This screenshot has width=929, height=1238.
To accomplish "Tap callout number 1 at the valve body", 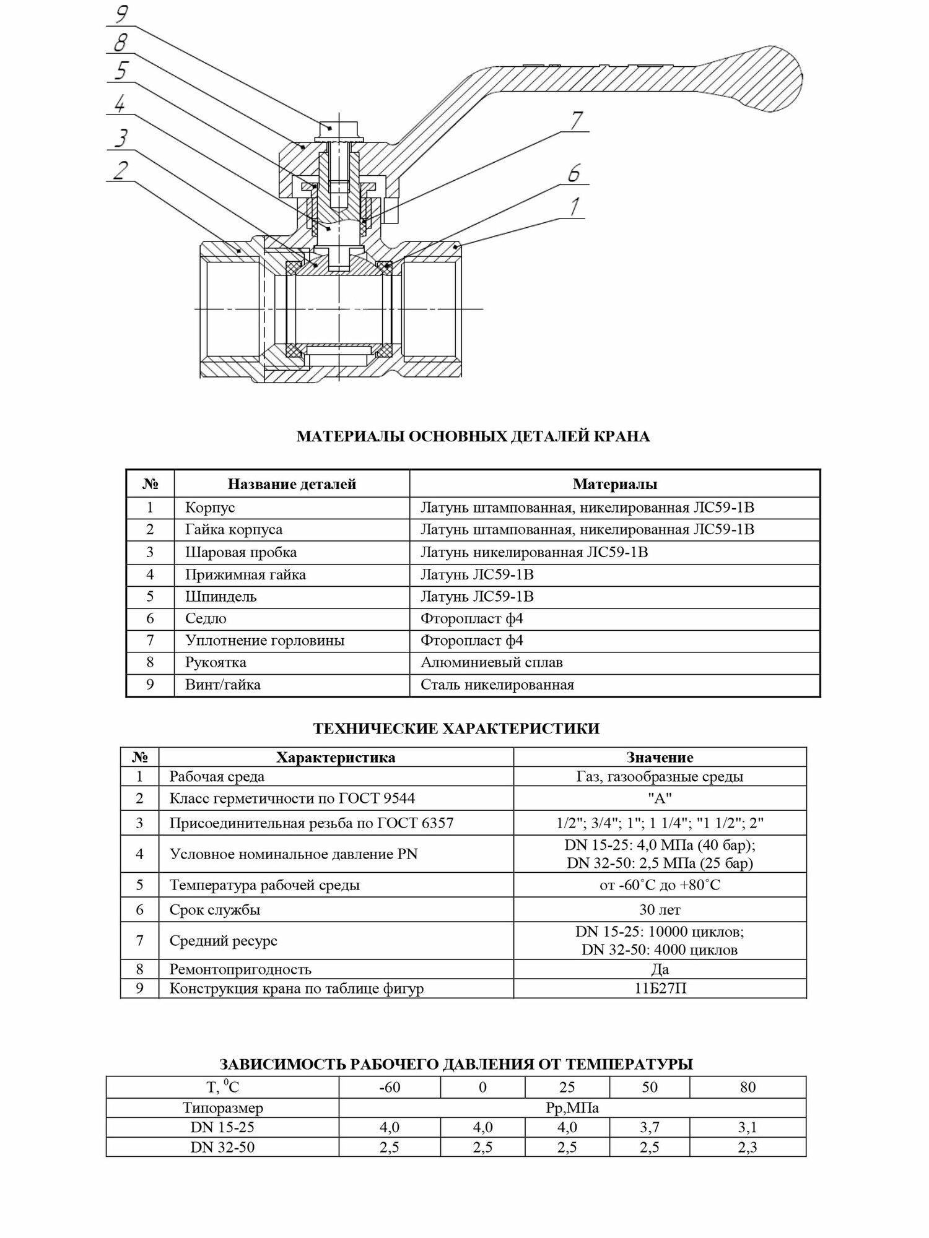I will coord(575,207).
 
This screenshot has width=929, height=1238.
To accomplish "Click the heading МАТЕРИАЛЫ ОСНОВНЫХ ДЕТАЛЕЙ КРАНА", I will coord(473,436).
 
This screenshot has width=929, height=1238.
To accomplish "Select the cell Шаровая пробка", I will coord(241,552).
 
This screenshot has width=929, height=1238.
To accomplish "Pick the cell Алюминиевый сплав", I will coord(491,662).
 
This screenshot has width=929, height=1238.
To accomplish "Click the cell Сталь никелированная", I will coord(497,685).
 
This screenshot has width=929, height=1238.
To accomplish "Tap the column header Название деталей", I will coord(292,484).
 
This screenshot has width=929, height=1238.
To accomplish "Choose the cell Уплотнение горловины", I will coord(264,640).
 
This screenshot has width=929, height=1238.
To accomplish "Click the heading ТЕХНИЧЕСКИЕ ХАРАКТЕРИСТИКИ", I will coord(456,729).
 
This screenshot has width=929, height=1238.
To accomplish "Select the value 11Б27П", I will coord(660,989).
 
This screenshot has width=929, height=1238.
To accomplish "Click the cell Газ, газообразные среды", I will coord(660,776).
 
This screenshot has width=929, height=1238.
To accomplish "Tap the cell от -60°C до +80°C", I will coord(660,885).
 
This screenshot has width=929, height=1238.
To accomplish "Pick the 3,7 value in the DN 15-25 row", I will coord(649,1127).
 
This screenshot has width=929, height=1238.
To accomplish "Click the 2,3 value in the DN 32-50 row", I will coord(748,1147).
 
